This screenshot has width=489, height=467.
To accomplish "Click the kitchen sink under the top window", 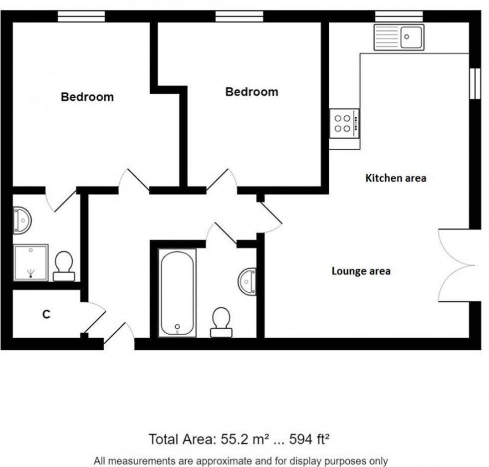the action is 399,37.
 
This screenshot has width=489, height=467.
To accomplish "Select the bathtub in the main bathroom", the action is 177,293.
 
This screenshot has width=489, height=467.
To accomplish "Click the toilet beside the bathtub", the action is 221,322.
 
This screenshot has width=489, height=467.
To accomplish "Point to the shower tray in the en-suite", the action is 30,262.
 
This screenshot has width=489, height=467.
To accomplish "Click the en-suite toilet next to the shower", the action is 64,266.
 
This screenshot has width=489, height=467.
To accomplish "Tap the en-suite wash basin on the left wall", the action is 22,221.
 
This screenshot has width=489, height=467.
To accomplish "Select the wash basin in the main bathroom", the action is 247,281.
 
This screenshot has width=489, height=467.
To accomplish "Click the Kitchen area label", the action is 396,178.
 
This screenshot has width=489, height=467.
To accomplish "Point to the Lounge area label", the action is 361,271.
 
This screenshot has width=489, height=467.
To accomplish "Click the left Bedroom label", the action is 87,97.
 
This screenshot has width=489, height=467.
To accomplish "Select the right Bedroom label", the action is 251,92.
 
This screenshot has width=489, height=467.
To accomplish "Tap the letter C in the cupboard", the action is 46,314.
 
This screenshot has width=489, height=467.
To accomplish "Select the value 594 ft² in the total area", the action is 309,439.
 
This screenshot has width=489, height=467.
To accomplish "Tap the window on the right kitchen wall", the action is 475,83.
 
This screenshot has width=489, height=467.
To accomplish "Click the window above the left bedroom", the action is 81,16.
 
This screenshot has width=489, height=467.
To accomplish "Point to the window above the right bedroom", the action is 239,16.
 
